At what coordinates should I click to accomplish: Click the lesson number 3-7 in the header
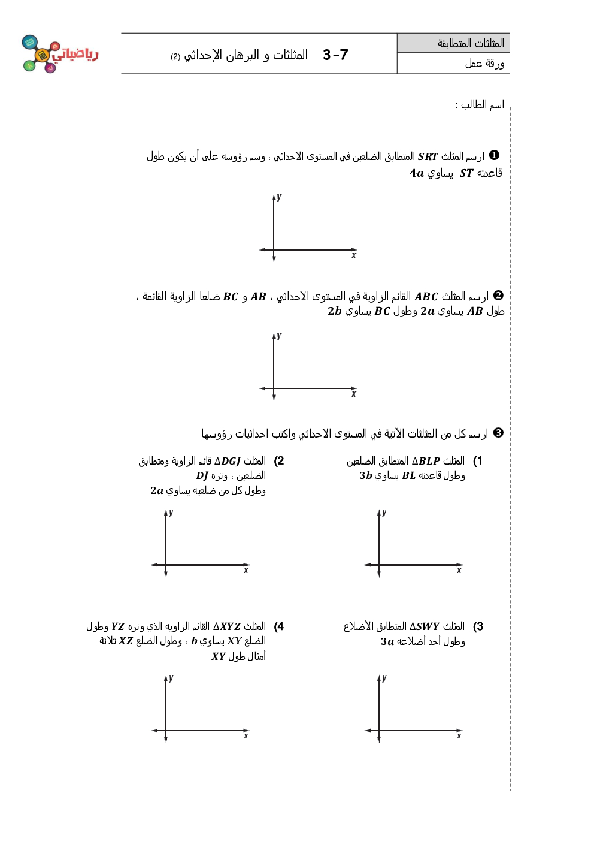click(335, 55)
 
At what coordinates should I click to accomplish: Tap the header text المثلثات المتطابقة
click(471, 43)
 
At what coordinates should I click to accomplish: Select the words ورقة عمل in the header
click(484, 64)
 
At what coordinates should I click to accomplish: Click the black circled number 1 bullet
click(494, 155)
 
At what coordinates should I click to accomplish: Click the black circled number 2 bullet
click(498, 296)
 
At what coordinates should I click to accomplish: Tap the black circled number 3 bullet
click(498, 433)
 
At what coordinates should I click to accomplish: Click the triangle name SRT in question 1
click(428, 156)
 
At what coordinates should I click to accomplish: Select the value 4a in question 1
click(417, 173)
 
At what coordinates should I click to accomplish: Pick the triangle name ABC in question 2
click(426, 297)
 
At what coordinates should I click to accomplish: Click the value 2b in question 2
click(334, 311)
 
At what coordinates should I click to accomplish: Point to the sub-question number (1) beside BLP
click(477, 461)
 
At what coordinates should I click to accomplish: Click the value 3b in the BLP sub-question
click(366, 476)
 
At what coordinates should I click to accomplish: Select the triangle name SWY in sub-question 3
click(428, 626)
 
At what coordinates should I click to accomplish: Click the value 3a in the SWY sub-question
click(387, 641)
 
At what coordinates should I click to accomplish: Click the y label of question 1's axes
click(279, 197)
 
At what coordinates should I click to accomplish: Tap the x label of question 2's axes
click(353, 394)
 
